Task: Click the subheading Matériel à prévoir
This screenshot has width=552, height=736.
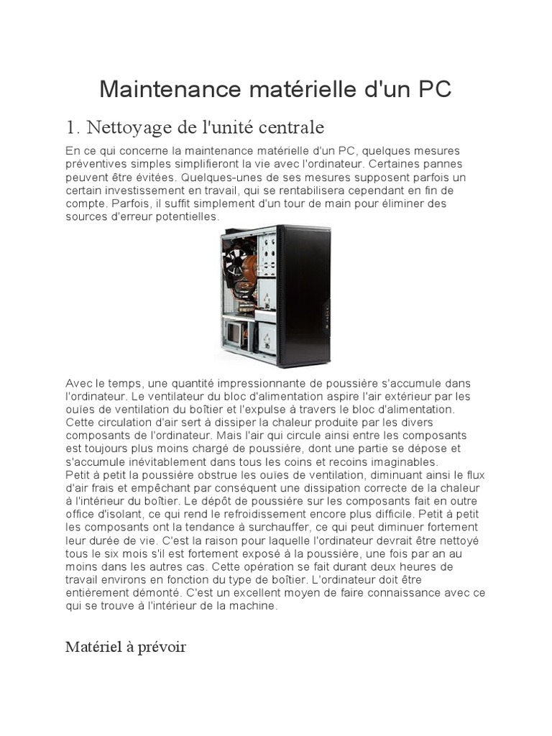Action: [126, 648]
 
